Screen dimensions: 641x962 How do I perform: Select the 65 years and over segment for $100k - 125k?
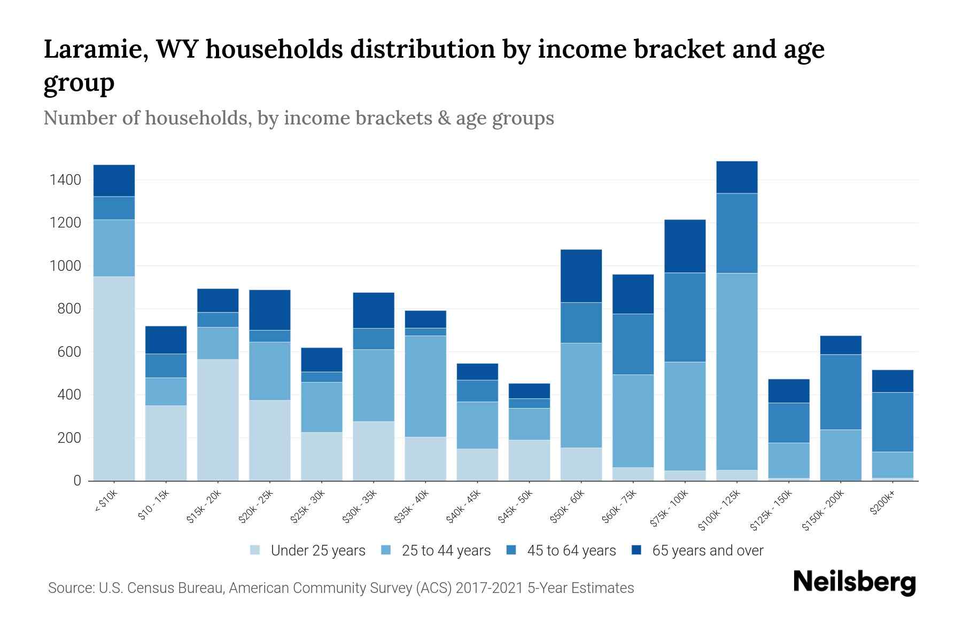[736, 177]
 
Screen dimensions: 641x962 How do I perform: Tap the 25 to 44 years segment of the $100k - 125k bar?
[736, 371]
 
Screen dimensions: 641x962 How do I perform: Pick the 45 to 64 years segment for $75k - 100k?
[685, 317]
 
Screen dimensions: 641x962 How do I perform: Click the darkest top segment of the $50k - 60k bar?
[581, 276]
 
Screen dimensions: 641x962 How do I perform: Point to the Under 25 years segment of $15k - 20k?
[218, 420]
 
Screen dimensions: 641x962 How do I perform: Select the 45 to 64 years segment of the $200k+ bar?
[892, 422]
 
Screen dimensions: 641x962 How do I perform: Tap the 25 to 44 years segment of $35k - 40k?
[425, 386]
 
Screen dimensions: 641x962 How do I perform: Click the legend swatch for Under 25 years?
[255, 550]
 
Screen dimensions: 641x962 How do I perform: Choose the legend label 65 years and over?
[708, 551]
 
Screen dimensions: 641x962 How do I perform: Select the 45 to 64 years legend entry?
[571, 551]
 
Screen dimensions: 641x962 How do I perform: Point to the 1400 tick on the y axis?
[66, 180]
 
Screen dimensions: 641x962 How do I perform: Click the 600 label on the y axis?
[70, 352]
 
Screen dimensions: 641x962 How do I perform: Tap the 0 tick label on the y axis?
[77, 481]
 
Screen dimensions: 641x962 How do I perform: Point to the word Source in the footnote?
[70, 588]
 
